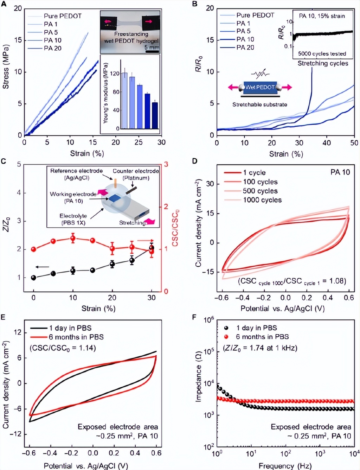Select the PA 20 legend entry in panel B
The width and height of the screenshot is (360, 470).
click(x=245, y=47)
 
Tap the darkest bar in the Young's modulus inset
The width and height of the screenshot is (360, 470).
click(x=155, y=116)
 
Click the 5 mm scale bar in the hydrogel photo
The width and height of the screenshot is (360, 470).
click(x=152, y=51)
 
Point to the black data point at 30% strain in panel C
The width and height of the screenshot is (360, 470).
click(x=152, y=248)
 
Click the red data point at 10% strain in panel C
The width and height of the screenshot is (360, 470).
click(x=73, y=239)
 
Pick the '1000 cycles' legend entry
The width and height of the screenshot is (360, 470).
click(x=262, y=200)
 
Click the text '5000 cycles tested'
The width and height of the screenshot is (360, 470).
click(x=322, y=54)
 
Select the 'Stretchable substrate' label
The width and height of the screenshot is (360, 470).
click(x=259, y=104)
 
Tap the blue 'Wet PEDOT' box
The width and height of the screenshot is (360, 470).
click(x=260, y=87)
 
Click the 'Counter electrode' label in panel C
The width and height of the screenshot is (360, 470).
click(x=136, y=171)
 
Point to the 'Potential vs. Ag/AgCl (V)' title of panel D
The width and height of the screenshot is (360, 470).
click(x=282, y=309)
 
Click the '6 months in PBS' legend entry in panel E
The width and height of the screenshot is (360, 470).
click(x=76, y=337)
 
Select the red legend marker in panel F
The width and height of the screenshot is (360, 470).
click(x=226, y=337)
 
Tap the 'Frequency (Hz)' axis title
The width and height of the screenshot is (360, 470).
click(x=285, y=466)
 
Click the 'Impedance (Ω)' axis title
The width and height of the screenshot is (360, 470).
click(x=198, y=376)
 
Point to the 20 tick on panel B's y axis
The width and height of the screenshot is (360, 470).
click(x=210, y=8)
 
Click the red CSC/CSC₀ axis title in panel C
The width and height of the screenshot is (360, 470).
click(x=175, y=228)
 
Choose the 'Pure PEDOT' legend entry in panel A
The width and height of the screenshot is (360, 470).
click(x=62, y=16)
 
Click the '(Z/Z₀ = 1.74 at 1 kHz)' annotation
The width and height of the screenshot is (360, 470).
click(x=260, y=348)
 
